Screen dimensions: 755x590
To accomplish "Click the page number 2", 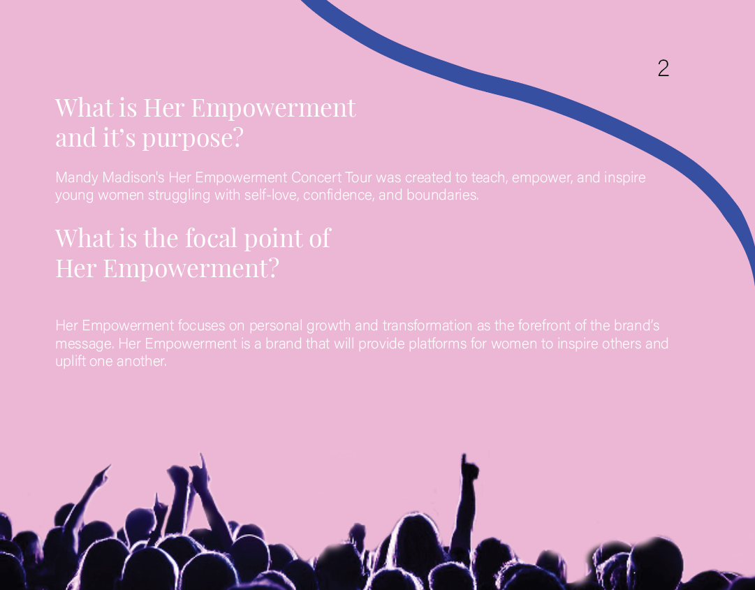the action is click(663, 68).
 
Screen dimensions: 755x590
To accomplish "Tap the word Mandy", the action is click(77, 178).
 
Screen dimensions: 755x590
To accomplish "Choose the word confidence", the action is click(339, 195).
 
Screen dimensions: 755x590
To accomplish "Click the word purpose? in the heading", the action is click(193, 138).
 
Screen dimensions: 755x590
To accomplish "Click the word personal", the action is click(276, 326).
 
